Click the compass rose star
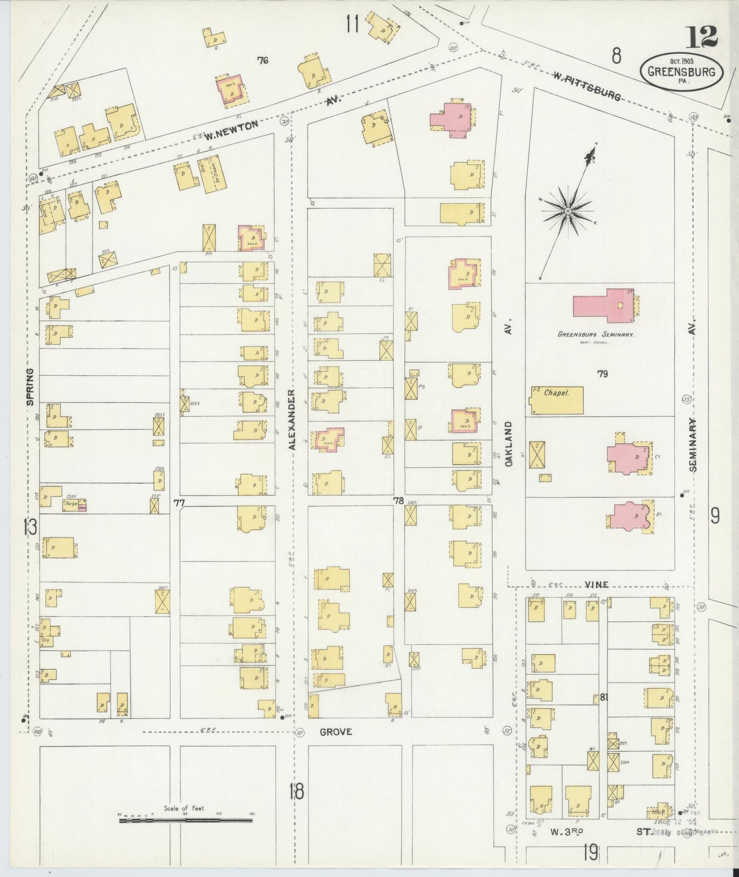(x=568, y=211)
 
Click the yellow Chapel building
(x=556, y=401)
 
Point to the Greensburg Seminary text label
(x=596, y=334)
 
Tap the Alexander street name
(x=292, y=420)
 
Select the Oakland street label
(x=508, y=444)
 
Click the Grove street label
(x=335, y=732)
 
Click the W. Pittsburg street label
(x=588, y=85)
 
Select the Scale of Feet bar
(x=185, y=820)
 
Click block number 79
(x=602, y=374)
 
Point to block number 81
(x=603, y=697)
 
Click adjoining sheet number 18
(x=295, y=791)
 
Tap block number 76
(x=263, y=61)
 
